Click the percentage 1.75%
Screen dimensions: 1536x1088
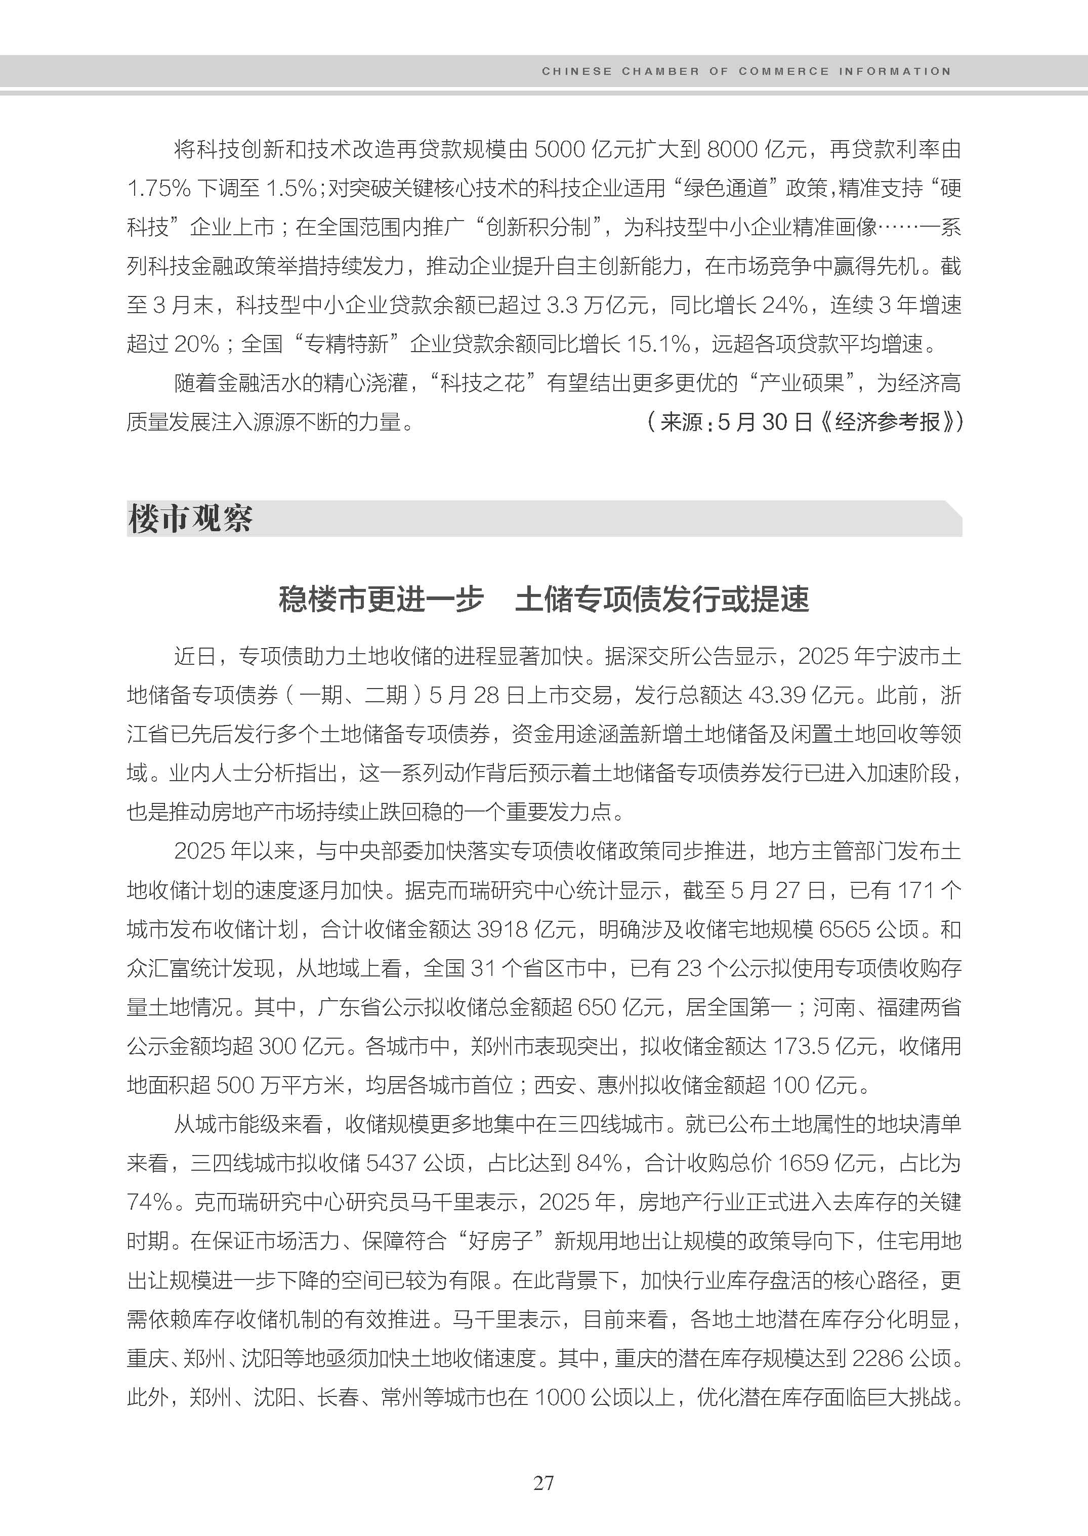coord(159,189)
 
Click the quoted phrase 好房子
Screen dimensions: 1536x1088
coord(500,1241)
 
